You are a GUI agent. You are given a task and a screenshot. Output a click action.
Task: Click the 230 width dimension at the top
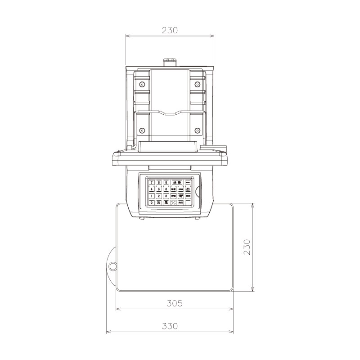pyautogui.click(x=170, y=31)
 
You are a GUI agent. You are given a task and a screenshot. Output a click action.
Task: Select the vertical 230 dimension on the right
pyautogui.click(x=247, y=247)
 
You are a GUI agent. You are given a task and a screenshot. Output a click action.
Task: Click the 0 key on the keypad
pyautogui.click(x=152, y=203)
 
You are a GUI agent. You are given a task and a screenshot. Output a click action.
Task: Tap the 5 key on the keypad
pyautogui.click(x=159, y=189)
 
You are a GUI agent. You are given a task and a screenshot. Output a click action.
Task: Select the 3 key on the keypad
pyautogui.click(x=166, y=196)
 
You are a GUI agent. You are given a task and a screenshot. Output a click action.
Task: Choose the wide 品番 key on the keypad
pyautogui.click(x=177, y=182)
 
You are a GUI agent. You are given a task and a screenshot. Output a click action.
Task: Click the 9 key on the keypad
pyautogui.click(x=166, y=182)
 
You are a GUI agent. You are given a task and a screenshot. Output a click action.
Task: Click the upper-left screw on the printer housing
pyautogui.click(x=142, y=84)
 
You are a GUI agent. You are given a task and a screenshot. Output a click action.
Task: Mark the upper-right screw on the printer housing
pyautogui.click(x=197, y=84)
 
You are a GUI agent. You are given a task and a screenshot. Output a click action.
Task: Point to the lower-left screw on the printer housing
pyautogui.click(x=142, y=130)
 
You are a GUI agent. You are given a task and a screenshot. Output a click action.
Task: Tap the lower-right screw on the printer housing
pyautogui.click(x=197, y=130)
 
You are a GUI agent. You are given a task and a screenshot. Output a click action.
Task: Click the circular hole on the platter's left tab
pyautogui.click(x=112, y=266)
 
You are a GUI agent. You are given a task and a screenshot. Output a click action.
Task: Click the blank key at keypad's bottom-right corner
pyautogui.click(x=188, y=203)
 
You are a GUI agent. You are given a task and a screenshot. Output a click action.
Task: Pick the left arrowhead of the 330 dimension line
pyautogui.click(x=108, y=333)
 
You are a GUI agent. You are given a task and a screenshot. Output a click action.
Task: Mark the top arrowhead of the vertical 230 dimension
pyautogui.click(x=252, y=205)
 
